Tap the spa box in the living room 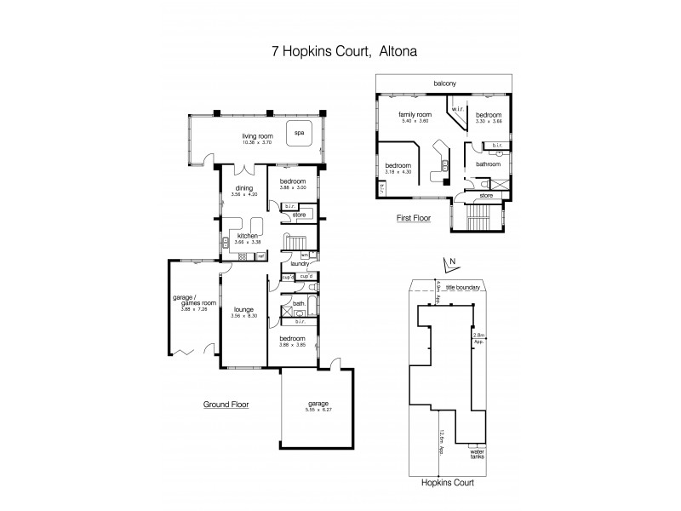pos(299,134)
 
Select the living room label pos(255,135)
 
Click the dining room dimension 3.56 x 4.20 pos(245,195)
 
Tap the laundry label pos(299,264)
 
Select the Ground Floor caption pos(226,405)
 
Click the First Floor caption pos(414,218)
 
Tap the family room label pos(415,114)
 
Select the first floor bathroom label pos(488,164)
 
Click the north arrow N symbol pos(453,262)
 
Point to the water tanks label pos(478,454)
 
